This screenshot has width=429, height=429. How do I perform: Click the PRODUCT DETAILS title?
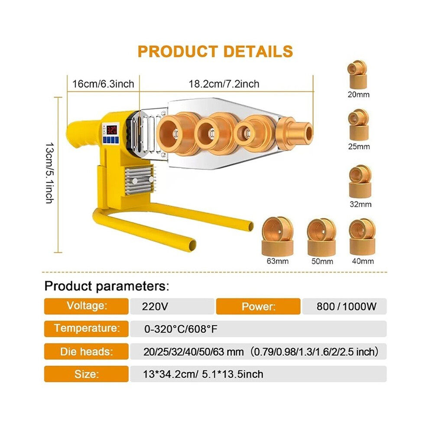[215, 52]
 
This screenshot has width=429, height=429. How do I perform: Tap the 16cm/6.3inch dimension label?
[103, 84]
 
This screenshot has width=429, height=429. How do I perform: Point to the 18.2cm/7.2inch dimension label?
[224, 84]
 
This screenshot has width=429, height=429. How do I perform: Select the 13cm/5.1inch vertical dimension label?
[49, 173]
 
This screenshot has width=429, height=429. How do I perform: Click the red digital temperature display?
[112, 130]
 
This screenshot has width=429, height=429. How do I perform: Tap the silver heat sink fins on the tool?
[139, 180]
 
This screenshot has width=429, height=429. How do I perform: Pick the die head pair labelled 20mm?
[357, 74]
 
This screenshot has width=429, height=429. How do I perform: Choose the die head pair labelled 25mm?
[359, 125]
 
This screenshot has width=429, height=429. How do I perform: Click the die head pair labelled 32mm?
[360, 181]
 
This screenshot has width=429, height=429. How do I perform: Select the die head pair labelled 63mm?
[277, 237]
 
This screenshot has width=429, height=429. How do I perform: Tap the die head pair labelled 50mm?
[322, 237]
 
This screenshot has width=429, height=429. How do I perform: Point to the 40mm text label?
[363, 261]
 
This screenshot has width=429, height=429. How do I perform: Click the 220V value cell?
[172, 306]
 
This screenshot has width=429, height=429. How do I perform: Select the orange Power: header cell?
[258, 306]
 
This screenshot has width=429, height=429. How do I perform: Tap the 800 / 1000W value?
[346, 306]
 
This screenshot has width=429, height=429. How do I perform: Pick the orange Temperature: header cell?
[86, 329]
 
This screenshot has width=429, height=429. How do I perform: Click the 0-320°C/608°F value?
[181, 329]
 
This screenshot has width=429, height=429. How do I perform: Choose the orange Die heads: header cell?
[86, 351]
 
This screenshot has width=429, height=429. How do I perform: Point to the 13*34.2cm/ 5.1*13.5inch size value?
[203, 374]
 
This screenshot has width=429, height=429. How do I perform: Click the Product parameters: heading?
[107, 286]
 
